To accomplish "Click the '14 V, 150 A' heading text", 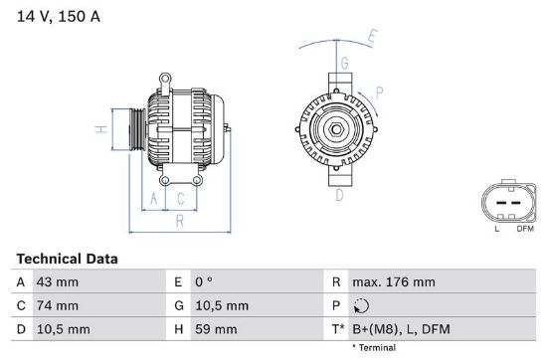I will pos(58,17).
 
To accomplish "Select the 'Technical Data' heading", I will pos(67,259).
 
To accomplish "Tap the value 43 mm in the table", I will pos(58,282).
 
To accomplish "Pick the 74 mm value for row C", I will pos(58,305).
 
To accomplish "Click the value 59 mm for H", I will pos(217,329).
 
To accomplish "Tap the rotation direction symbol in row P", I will pos(361,306).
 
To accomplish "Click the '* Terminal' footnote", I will pos(373,348).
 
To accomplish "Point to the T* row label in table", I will pos(337,329).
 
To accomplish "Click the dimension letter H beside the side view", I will pos(100,129).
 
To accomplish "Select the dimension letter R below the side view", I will pos(179,222).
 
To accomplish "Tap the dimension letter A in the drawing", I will pos(153,198).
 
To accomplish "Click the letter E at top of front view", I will pos(372,38).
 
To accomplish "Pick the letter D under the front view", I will pos(338,196).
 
